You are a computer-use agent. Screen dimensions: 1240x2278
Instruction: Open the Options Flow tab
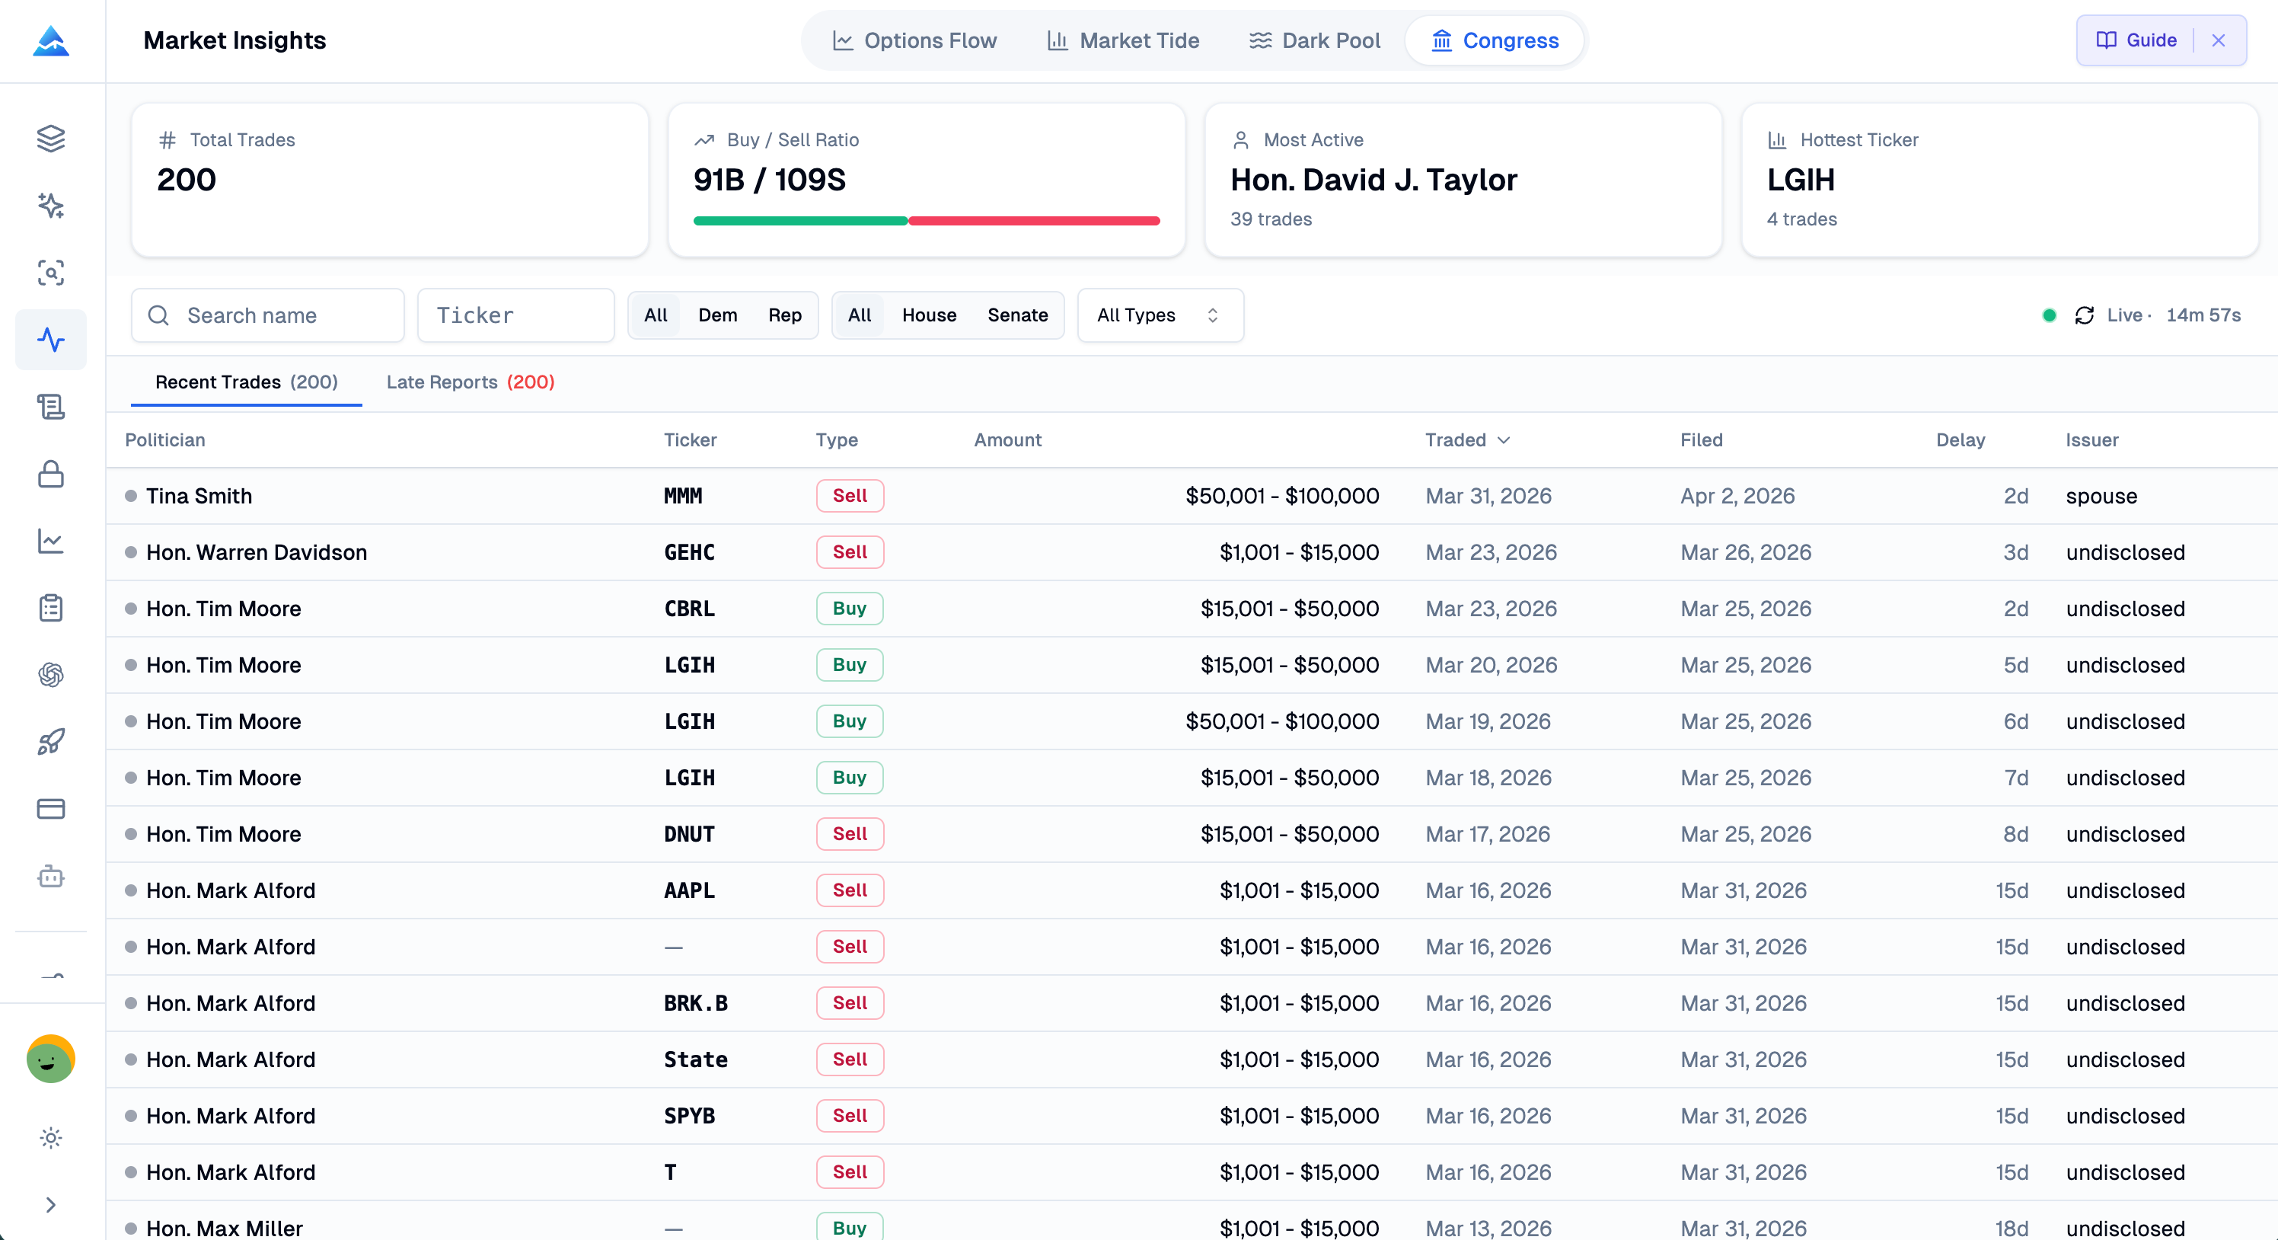pos(914,40)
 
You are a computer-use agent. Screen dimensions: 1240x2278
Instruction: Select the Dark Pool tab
pos(1314,40)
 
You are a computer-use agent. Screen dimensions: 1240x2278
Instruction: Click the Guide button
pos(2136,40)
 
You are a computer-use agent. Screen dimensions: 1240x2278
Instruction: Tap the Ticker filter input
pos(515,316)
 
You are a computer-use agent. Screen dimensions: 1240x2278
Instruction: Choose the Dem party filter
pos(717,316)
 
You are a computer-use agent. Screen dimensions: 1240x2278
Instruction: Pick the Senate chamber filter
pos(1017,316)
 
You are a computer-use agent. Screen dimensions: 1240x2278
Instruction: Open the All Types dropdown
pos(1160,316)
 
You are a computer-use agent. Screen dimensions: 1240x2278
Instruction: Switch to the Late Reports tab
pos(470,382)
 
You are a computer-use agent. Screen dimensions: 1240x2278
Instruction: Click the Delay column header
pos(1960,440)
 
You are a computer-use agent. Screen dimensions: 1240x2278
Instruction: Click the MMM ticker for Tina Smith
pos(683,496)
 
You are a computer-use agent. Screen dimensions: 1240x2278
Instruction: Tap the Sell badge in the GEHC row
pos(849,553)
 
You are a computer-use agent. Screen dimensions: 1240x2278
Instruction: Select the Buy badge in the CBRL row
pos(849,609)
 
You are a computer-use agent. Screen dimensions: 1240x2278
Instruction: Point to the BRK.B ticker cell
pos(695,1004)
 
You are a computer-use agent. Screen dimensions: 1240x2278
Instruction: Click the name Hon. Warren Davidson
pos(257,553)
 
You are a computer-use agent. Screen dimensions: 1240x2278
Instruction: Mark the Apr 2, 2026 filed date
pos(1737,496)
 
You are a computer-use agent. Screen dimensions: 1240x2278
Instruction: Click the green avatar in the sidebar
pos(50,1059)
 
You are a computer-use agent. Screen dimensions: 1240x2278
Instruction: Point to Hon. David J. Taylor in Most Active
pos(1373,181)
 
